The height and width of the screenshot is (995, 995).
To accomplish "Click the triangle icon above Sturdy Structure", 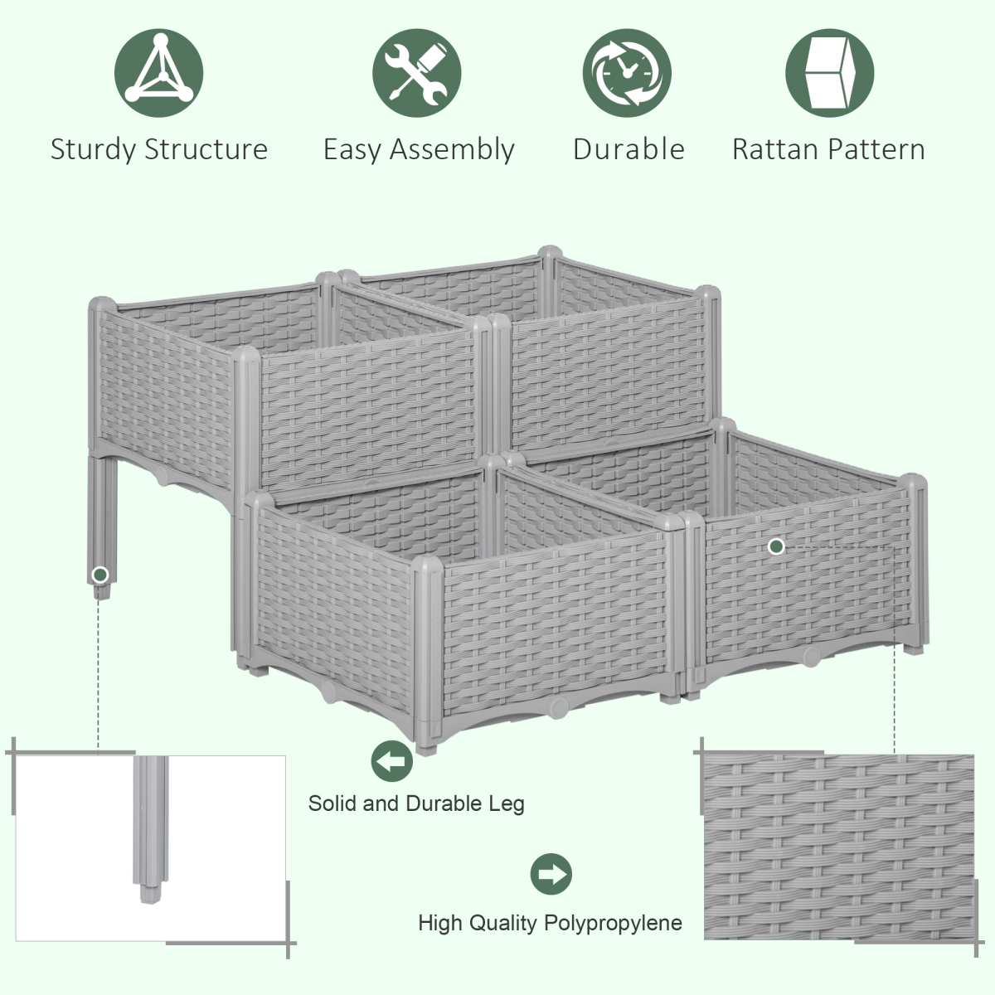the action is point(159,73).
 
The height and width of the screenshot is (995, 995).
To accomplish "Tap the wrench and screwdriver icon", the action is point(417,73).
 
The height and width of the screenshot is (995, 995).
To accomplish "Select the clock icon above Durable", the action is point(627,73).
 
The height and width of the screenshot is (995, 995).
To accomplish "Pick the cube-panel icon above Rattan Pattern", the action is point(830,73).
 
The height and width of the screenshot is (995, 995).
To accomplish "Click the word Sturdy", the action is point(93,150).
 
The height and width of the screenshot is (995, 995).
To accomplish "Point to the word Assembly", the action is point(452,150).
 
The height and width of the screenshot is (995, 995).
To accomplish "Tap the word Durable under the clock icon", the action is point(629,149).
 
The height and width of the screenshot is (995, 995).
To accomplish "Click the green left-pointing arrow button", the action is point(392,760).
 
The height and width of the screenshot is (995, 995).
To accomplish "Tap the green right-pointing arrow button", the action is point(551,874).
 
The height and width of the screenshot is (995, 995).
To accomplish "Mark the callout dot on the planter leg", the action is point(100,575).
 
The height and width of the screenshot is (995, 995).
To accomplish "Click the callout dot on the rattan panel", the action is point(776,546).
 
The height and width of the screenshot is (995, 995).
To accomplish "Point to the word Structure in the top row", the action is point(206,149).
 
